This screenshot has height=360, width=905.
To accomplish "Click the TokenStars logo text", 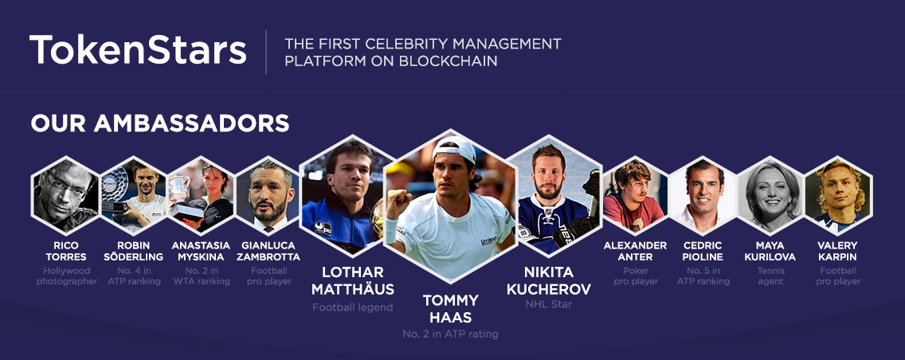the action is click(138, 49).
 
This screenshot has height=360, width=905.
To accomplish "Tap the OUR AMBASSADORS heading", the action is click(160, 123).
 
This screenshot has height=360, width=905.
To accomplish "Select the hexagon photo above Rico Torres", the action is click(65, 196).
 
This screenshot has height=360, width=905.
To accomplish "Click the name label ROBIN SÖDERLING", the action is click(133, 251).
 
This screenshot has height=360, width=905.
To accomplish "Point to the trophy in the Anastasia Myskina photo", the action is click(179, 186).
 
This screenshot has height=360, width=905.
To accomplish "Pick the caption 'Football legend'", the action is click(352, 307).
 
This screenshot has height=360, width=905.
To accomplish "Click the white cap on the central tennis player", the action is click(456, 150).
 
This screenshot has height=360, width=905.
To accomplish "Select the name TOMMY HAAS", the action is click(450, 308).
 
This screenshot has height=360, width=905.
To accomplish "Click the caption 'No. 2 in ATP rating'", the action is click(450, 334).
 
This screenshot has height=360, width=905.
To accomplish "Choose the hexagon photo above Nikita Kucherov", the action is click(553, 196).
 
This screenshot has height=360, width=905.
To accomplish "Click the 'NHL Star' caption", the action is click(548, 304).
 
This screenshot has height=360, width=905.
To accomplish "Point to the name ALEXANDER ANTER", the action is click(636, 251).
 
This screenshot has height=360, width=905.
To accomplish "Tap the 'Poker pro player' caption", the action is click(636, 276).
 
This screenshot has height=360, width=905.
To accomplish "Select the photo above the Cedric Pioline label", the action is click(703, 196).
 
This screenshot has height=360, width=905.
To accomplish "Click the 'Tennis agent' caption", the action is click(770, 276).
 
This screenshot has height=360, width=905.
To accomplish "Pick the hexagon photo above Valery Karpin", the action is click(838, 196).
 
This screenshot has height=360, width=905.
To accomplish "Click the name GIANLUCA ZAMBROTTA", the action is click(268, 251).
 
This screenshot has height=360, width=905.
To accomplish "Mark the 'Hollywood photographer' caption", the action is click(67, 276).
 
